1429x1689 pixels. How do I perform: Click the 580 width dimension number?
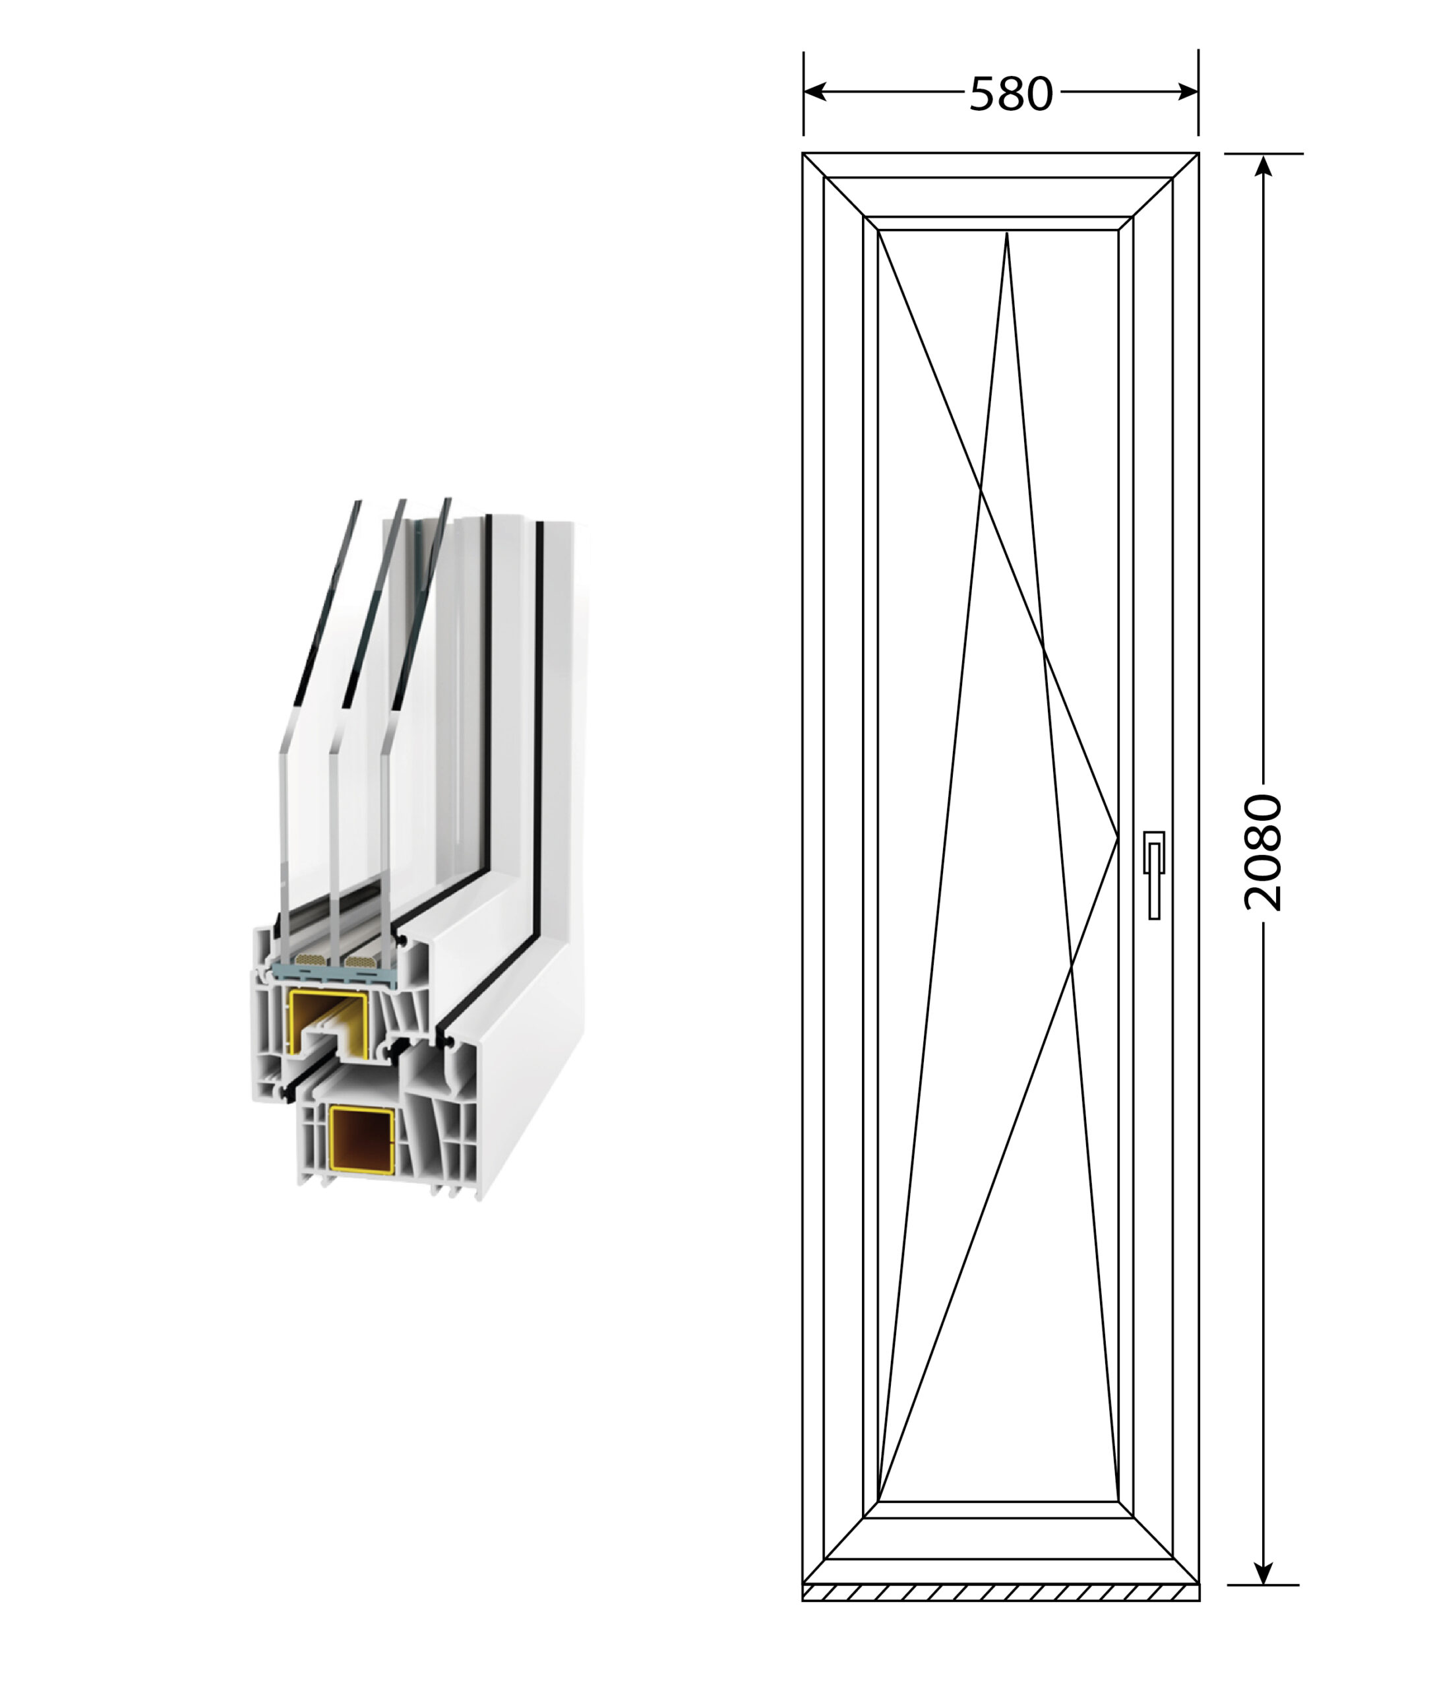1011,93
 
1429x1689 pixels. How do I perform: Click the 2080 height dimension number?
1263,854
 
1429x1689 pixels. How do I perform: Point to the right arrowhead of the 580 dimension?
1188,92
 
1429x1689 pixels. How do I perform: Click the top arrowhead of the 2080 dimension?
1263,166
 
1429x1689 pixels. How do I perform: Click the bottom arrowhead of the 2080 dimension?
1263,1573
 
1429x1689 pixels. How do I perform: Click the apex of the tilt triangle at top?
1006,234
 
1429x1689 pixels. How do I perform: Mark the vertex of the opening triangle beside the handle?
1118,839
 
